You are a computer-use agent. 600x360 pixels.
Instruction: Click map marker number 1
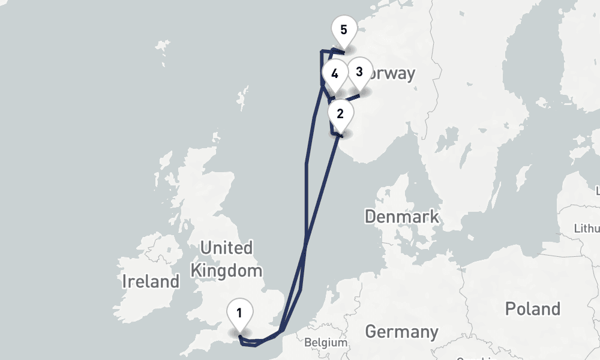239,314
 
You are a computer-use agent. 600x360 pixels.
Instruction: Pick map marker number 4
334,75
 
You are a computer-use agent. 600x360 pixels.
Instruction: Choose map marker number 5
343,30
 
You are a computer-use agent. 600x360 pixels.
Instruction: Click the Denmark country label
402,217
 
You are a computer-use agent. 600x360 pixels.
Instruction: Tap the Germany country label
401,331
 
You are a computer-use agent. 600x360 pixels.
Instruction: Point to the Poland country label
532,309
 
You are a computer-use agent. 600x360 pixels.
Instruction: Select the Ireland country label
151,281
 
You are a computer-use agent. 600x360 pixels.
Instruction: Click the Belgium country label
326,343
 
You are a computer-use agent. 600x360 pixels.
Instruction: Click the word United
226,247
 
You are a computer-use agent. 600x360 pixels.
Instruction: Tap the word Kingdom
226,271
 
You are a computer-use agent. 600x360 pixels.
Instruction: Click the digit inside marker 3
359,72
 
